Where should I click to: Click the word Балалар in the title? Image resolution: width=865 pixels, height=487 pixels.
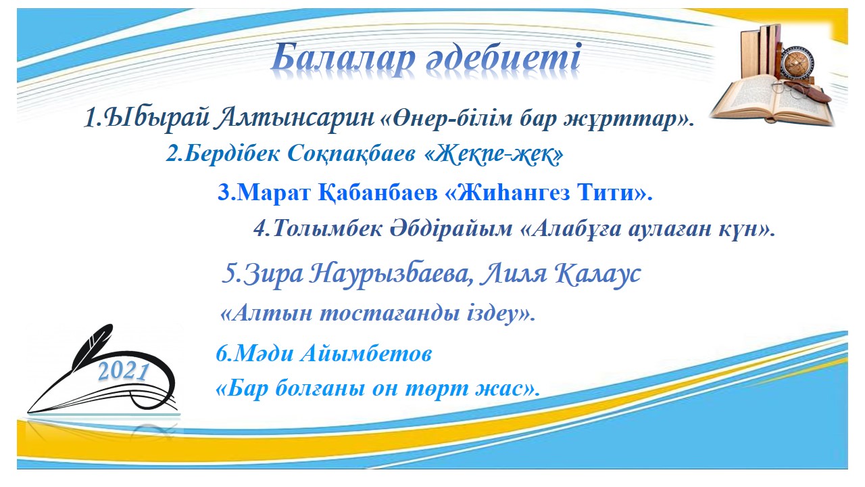coord(344,59)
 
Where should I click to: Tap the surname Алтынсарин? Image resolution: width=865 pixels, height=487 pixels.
coord(295,118)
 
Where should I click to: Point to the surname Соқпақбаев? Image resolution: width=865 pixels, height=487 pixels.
coord(352,154)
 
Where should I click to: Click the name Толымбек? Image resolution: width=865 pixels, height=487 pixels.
coord(328,229)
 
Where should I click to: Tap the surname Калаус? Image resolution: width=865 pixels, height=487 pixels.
coord(598,274)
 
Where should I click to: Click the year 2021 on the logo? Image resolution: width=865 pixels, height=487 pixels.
coord(124,372)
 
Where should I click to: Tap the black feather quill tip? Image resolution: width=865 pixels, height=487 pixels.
coord(29,411)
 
